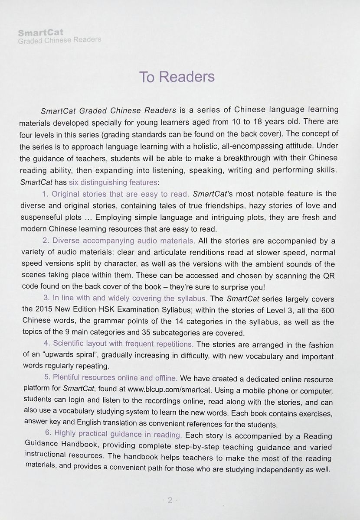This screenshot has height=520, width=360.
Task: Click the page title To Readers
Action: pos(177,77)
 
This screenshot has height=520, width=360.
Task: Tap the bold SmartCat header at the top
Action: pos(41,32)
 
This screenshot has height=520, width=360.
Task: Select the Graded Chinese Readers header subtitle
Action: pos(59,40)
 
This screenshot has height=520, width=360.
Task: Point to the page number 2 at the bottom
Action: pos(170,500)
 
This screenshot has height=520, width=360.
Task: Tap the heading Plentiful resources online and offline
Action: pos(111,378)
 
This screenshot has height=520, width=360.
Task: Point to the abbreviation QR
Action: pos(327,276)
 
